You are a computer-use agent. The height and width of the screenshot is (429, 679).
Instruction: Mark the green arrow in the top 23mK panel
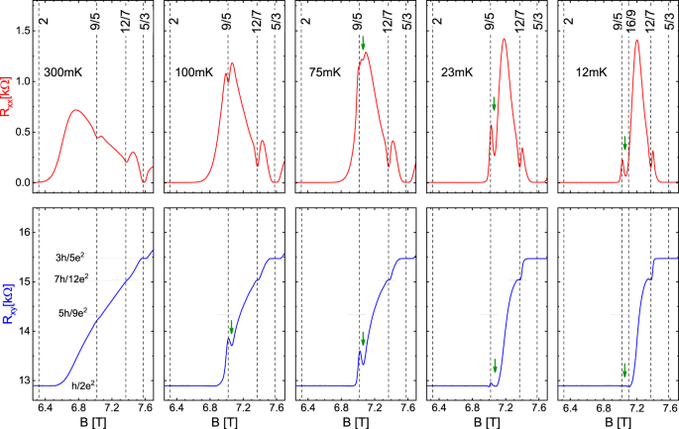(x=494, y=103)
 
